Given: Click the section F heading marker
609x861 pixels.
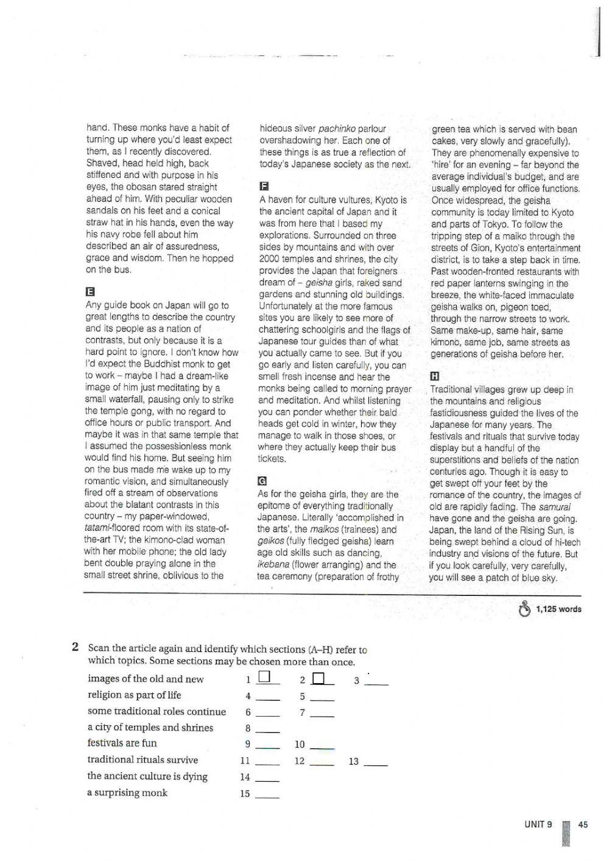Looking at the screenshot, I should pyautogui.click(x=263, y=186).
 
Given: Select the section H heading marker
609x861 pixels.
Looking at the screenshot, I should pyautogui.click(x=435, y=376).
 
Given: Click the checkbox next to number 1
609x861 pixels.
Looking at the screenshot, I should pyautogui.click(x=264, y=677).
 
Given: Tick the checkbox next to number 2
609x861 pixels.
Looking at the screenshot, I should pyautogui.click(x=319, y=678).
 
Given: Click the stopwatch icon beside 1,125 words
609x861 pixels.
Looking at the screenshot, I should pyautogui.click(x=524, y=609).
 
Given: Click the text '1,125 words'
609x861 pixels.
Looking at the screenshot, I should pyautogui.click(x=558, y=609).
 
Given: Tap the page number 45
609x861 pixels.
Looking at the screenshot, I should pyautogui.click(x=583, y=824).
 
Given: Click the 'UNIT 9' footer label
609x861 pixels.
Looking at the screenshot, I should pyautogui.click(x=538, y=824).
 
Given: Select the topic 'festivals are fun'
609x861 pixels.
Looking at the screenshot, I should pyautogui.click(x=122, y=743).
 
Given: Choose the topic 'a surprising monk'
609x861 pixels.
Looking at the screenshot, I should pyautogui.click(x=127, y=793).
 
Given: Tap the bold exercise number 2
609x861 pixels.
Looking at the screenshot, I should pyautogui.click(x=75, y=647).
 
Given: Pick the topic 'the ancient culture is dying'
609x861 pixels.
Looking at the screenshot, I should pyautogui.click(x=147, y=776).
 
